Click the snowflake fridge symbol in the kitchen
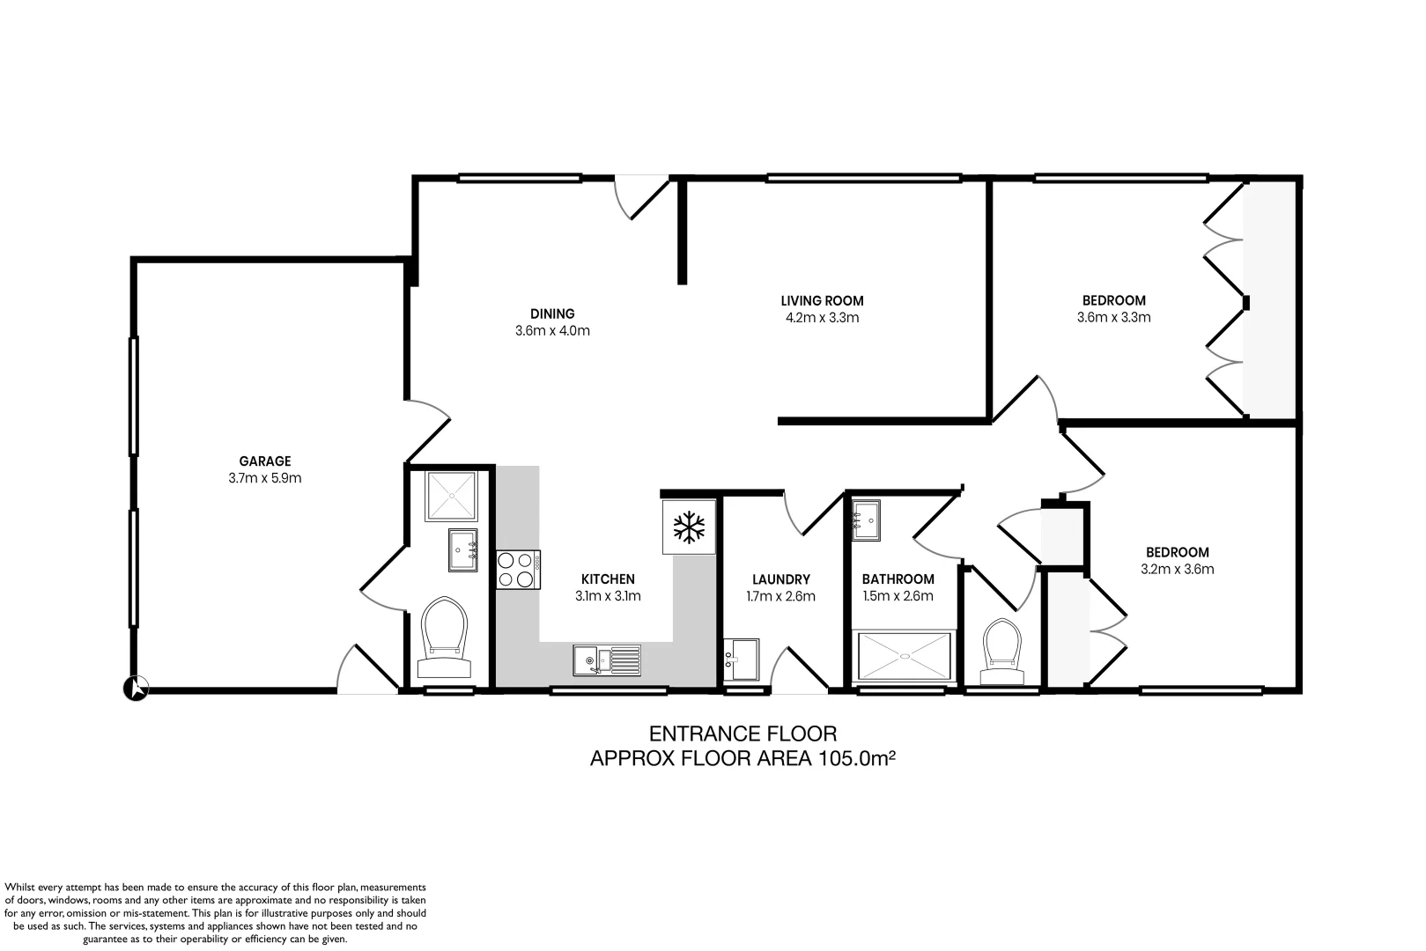click(x=690, y=527)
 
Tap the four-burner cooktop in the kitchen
click(x=518, y=569)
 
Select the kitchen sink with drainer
click(x=607, y=660)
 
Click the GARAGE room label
click(x=264, y=461)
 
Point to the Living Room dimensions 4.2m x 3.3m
click(x=821, y=318)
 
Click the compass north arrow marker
click(x=137, y=688)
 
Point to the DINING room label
click(x=552, y=313)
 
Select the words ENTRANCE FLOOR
click(x=743, y=734)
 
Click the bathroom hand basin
click(x=865, y=520)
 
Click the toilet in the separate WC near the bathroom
click(x=1002, y=650)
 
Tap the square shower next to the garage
click(x=451, y=497)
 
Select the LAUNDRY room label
click(x=780, y=579)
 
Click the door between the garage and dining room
click(x=428, y=430)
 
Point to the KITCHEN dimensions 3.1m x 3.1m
click(x=608, y=595)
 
